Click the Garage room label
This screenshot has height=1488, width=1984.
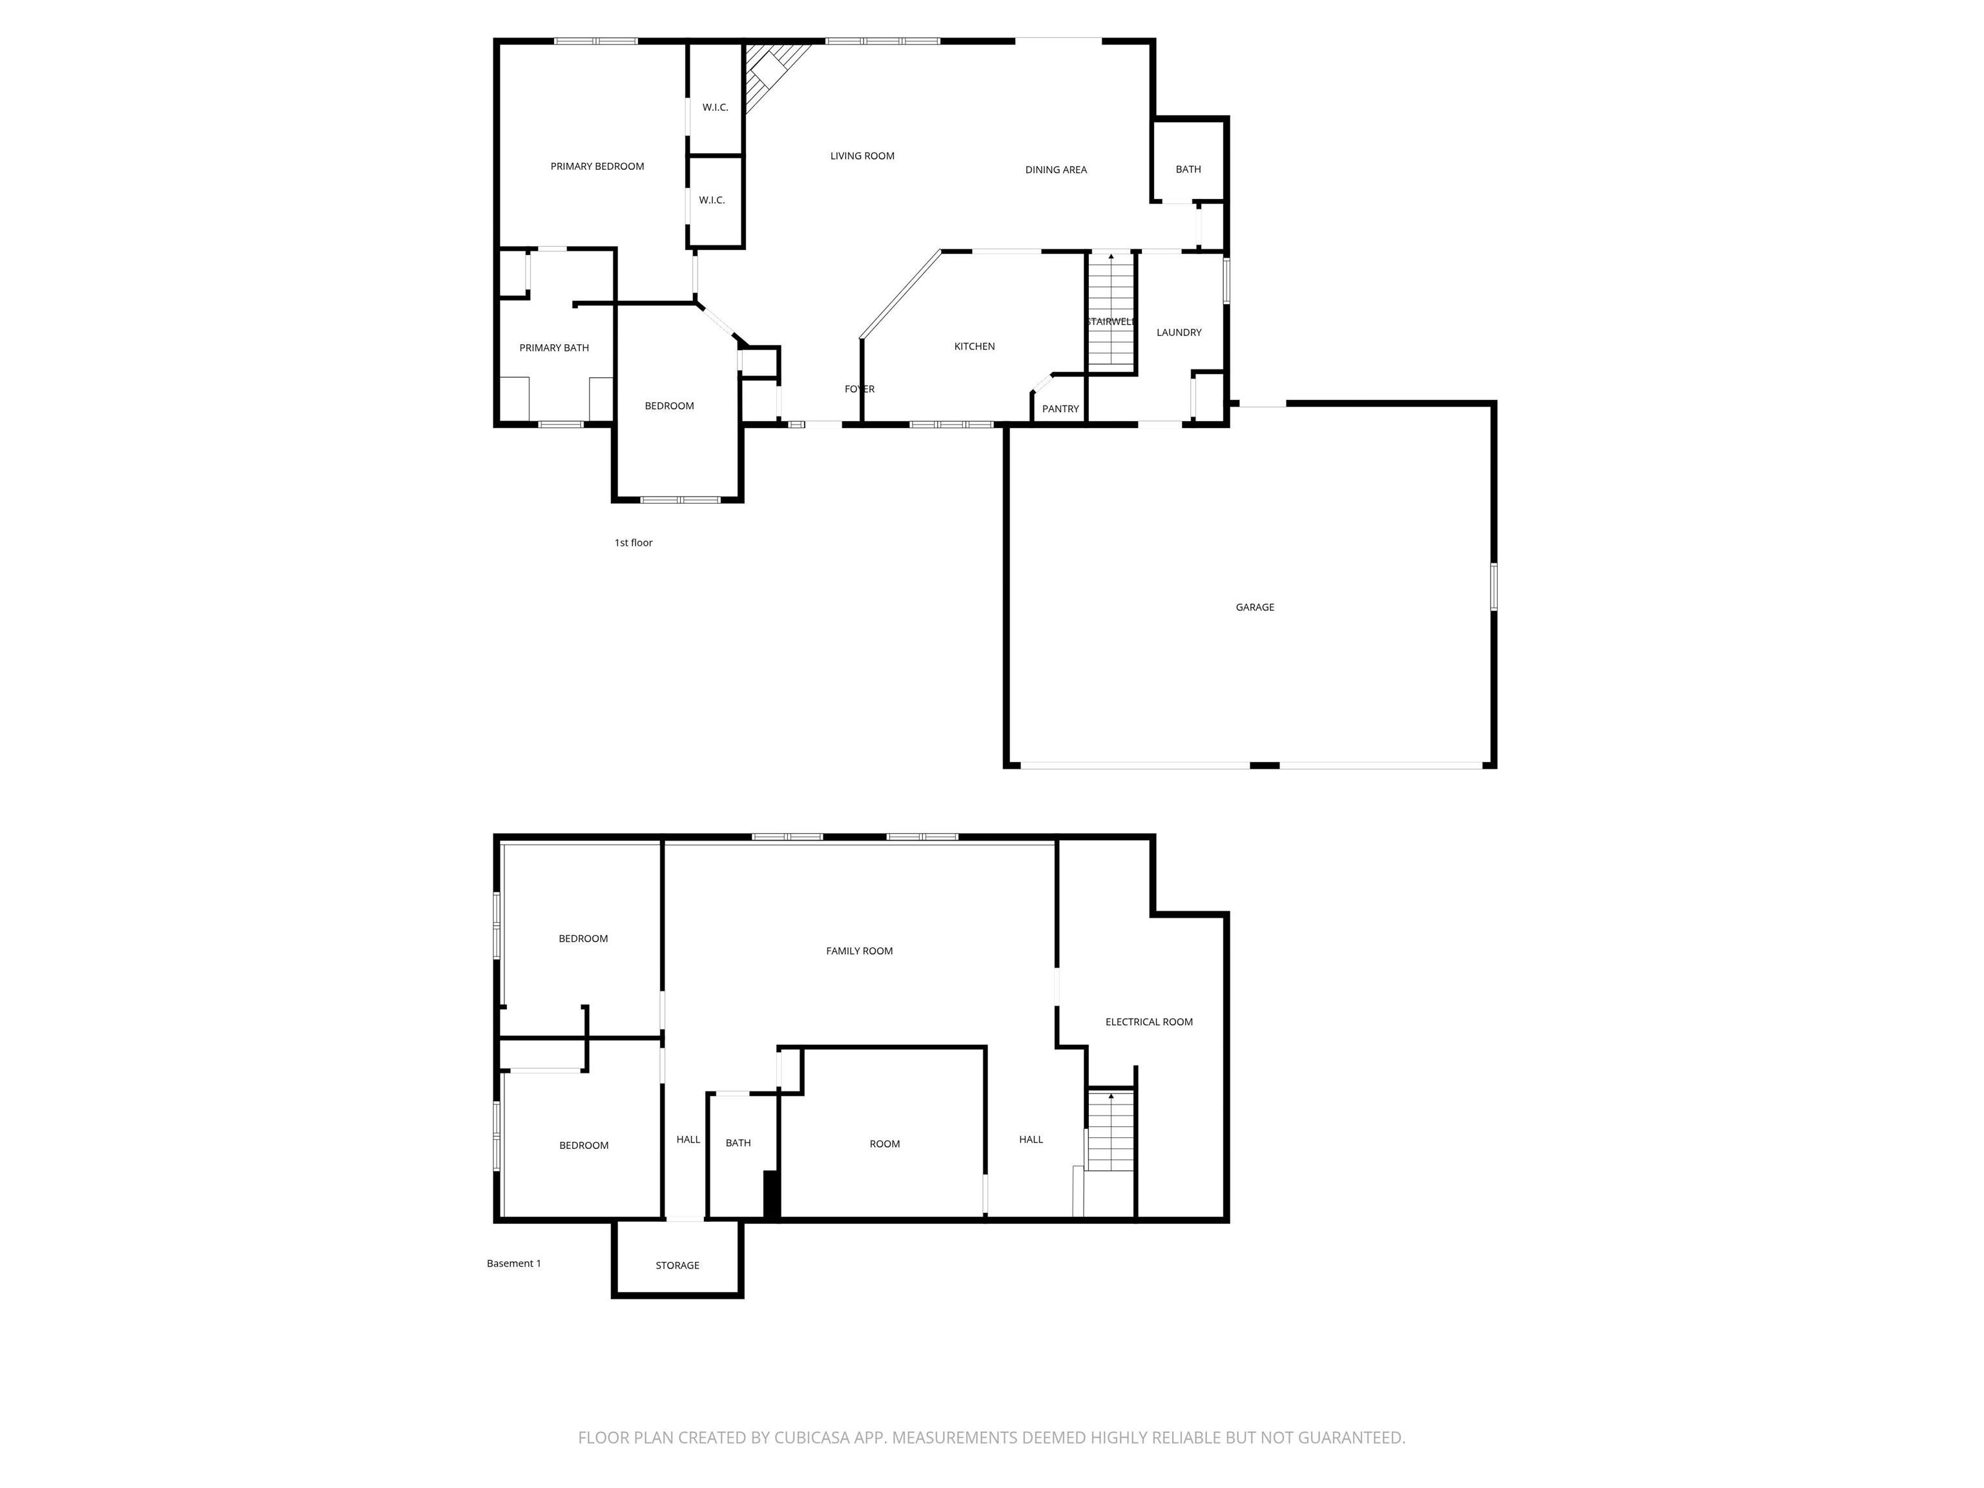(x=1254, y=607)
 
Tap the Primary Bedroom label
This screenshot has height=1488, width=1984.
(x=597, y=166)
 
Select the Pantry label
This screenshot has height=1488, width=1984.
(x=1060, y=409)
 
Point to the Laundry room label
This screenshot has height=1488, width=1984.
(x=1179, y=332)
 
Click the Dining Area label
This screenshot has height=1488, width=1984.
(x=1056, y=169)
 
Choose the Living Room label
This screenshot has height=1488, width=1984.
(x=862, y=156)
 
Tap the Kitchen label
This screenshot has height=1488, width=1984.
(x=974, y=346)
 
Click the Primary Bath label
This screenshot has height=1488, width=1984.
(x=553, y=348)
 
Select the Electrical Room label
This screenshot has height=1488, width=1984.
(x=1148, y=1022)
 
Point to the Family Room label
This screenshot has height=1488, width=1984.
(x=859, y=951)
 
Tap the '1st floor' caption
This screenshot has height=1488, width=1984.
(x=633, y=542)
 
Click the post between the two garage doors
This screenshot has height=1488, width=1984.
(x=1264, y=765)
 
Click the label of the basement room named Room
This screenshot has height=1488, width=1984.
(x=884, y=1144)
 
